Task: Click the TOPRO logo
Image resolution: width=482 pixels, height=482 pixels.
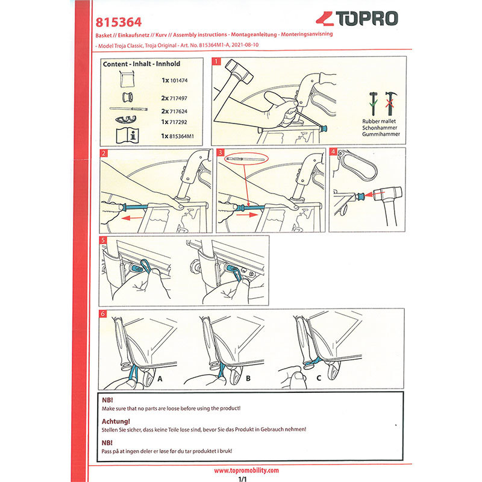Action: pos(357,19)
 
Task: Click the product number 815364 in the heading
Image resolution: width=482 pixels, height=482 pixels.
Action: pos(119,22)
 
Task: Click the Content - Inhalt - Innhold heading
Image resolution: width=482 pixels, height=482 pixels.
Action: pos(142,63)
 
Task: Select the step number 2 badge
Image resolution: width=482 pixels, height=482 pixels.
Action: pos(104,153)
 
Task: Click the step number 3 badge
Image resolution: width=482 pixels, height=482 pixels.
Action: pos(221,153)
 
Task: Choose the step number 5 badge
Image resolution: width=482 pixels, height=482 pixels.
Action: pos(104,240)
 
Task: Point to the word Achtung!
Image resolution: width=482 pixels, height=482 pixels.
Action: pos(117,421)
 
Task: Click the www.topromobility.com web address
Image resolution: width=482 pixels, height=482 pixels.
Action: pos(246,470)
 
